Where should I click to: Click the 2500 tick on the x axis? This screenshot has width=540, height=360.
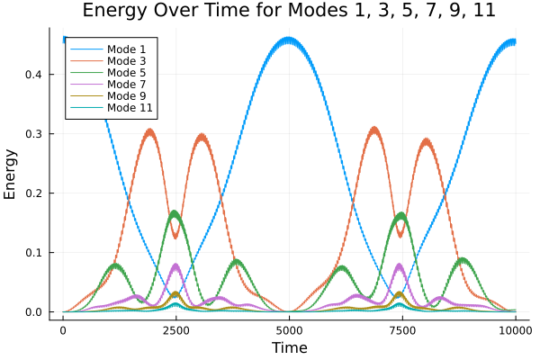175,330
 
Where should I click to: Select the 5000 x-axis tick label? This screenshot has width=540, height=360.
289,330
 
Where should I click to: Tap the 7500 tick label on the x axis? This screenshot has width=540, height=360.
401,330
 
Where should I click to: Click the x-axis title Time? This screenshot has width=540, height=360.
289,347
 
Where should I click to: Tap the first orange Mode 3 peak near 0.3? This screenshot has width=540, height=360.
149,131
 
